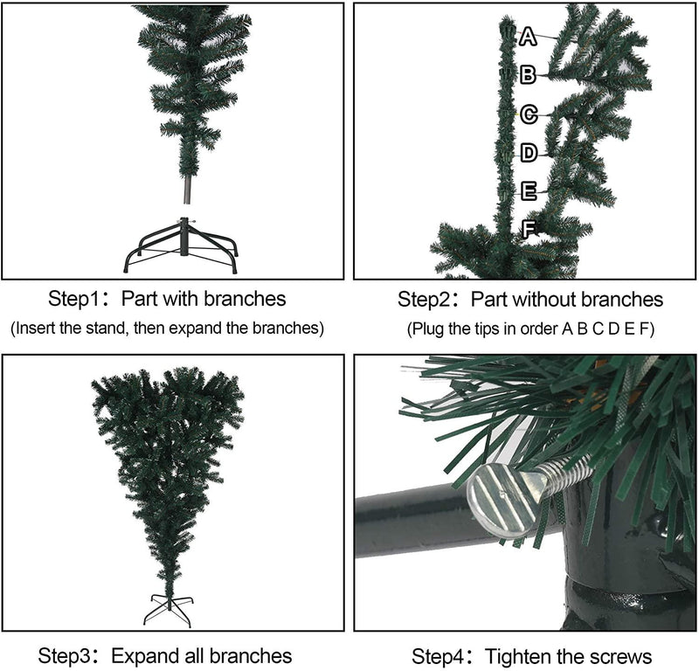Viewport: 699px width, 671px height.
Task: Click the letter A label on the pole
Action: click(528, 37)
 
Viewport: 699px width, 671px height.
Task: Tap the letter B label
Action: click(528, 75)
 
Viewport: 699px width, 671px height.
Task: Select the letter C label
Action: click(529, 114)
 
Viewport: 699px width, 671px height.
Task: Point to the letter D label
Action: click(529, 154)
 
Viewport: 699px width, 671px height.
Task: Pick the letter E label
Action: click(529, 191)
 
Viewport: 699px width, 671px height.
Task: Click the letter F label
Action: click(529, 230)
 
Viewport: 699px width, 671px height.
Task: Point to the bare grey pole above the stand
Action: click(185, 189)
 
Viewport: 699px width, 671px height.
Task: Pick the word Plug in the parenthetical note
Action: click(428, 329)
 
